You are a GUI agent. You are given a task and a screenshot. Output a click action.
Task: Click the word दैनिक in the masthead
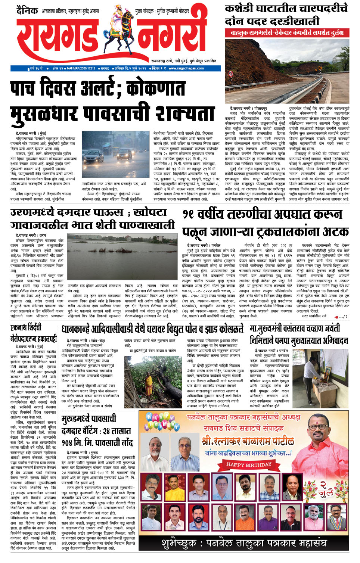coord(27,10)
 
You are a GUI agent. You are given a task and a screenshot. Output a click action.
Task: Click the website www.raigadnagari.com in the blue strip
coord(186,68)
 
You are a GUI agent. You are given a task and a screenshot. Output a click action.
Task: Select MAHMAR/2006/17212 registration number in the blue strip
coord(81,68)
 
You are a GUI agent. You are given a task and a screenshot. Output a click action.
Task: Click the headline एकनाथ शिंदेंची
coord(26,328)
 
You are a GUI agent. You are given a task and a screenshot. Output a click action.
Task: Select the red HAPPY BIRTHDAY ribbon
coord(249,465)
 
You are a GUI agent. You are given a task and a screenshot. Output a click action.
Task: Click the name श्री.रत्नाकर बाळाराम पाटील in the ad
coord(248,441)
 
